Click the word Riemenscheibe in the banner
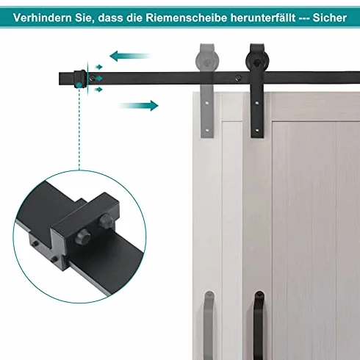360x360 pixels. point(187,18)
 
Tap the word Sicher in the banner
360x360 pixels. point(330,18)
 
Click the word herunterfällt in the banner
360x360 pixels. point(263,18)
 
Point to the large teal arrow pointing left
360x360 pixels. point(129,56)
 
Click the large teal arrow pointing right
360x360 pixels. point(139,106)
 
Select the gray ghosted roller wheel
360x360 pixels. point(207,61)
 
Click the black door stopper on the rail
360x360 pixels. point(80,79)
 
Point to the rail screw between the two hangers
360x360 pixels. point(237,79)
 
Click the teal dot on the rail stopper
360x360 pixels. point(79,85)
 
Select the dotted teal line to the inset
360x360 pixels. point(79,129)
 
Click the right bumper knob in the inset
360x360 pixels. point(105,221)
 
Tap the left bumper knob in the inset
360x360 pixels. point(83,237)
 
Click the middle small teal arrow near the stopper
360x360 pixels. point(98,79)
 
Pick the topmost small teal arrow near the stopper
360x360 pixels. point(99,67)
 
